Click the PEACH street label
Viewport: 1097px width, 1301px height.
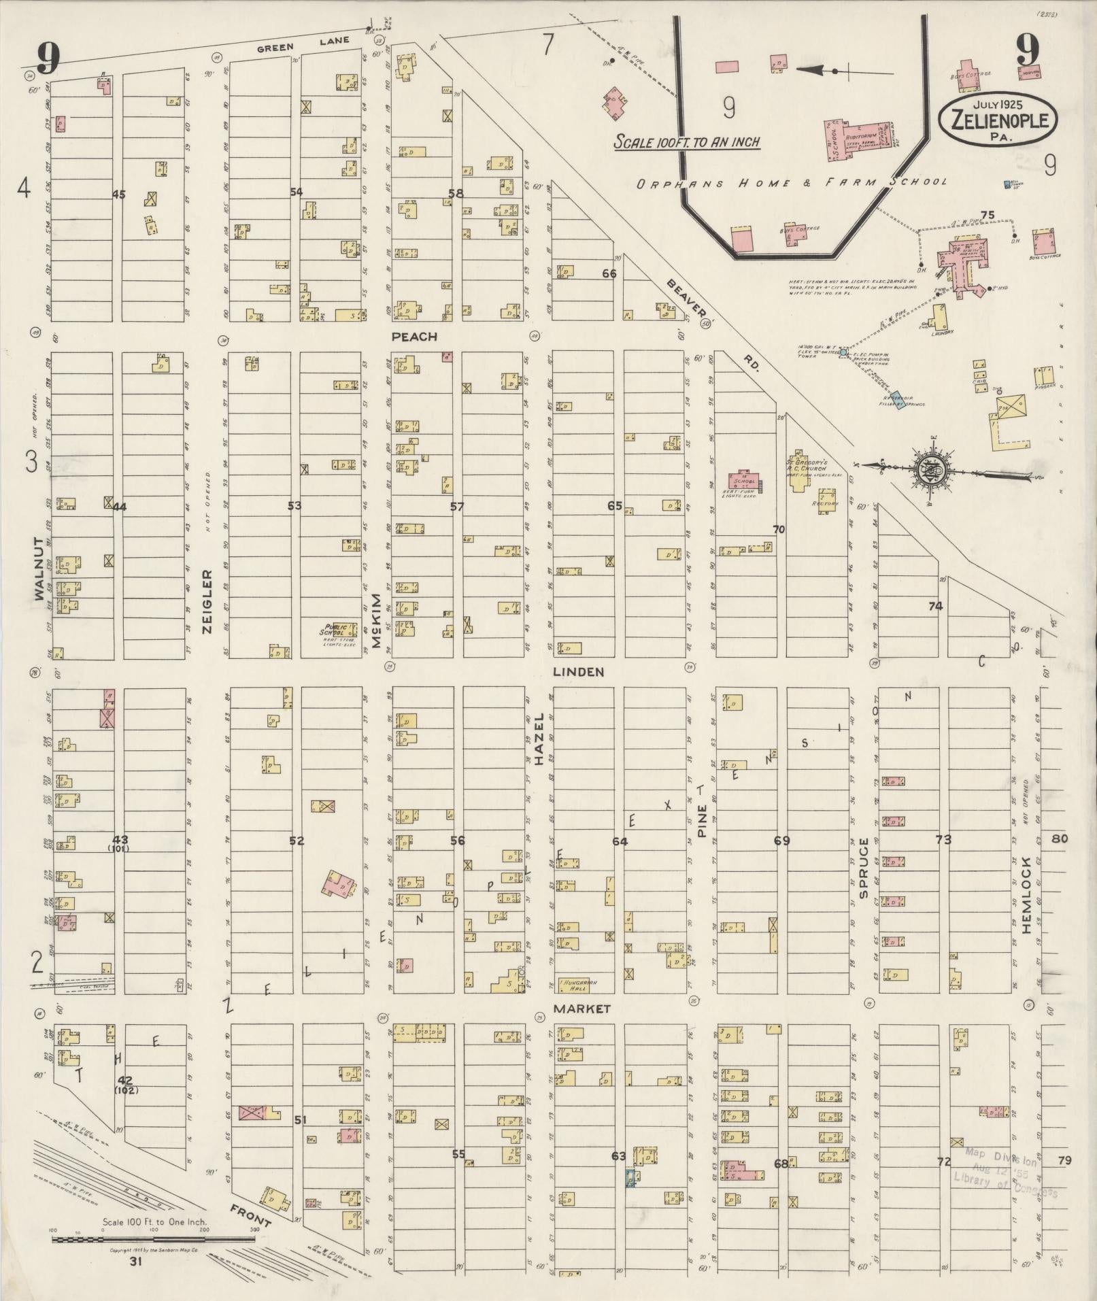coord(414,337)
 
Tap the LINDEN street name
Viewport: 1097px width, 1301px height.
coord(578,672)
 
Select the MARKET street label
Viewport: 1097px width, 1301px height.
coord(581,1009)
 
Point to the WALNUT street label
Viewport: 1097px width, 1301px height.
coord(39,569)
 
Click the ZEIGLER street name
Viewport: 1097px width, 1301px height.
coord(207,601)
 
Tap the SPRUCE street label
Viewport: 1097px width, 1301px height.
coord(864,868)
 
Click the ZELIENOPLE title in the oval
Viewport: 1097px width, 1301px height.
coord(998,121)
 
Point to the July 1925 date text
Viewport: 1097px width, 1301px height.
coord(998,105)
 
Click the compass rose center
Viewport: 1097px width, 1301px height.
coord(928,469)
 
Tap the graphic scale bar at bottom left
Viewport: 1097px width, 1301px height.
coord(153,1239)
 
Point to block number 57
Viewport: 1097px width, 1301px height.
coord(456,507)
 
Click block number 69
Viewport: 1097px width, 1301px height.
coord(782,841)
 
